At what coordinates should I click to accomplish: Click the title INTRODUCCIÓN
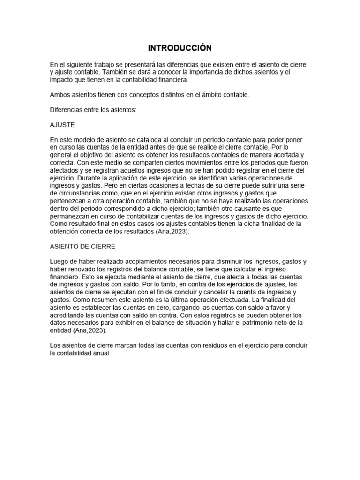click(x=180, y=48)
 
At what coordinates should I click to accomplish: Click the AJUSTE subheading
click(x=62, y=126)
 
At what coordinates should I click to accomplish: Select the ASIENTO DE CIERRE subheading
click(x=82, y=247)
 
